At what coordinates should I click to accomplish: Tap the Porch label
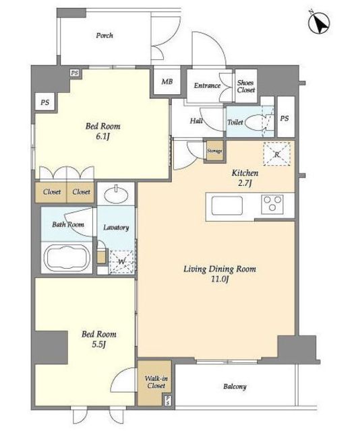(x=104, y=36)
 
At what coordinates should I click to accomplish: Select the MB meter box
(x=167, y=81)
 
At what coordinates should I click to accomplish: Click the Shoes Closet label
(x=246, y=86)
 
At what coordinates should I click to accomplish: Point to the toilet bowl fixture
(x=256, y=122)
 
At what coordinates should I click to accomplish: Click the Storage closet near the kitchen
(x=214, y=151)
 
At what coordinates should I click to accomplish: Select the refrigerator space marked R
(x=277, y=154)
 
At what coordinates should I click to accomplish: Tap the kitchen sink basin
(x=227, y=205)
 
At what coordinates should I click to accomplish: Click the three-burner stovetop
(x=272, y=204)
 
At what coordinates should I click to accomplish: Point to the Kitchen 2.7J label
(x=245, y=178)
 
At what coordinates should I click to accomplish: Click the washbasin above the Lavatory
(x=116, y=194)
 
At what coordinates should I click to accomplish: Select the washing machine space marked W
(x=122, y=262)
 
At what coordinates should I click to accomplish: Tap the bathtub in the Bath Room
(x=67, y=258)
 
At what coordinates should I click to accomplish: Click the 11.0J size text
(x=220, y=279)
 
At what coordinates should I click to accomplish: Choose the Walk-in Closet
(x=154, y=383)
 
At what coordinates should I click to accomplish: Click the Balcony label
(x=235, y=387)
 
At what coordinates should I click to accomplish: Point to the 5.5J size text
(x=99, y=344)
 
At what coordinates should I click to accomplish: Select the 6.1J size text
(x=102, y=136)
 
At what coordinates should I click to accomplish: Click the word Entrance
(x=207, y=86)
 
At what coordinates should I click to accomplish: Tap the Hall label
(x=196, y=121)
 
